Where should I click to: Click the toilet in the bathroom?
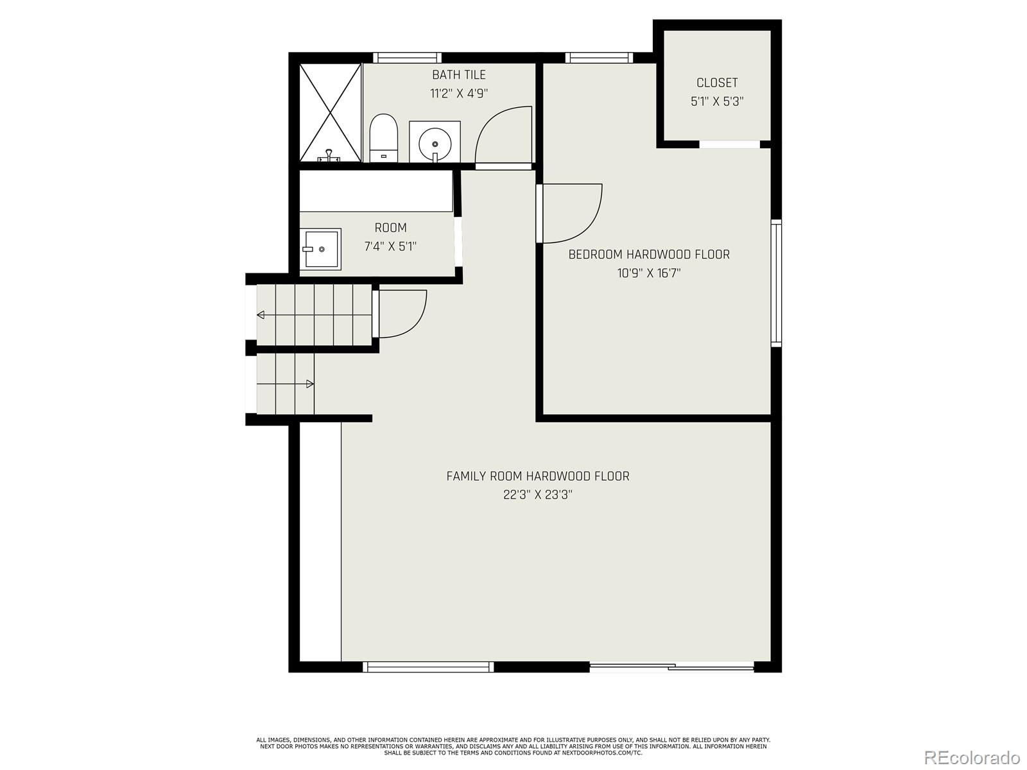(x=384, y=138)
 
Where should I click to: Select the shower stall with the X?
(x=331, y=112)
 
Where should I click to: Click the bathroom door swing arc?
(x=504, y=135)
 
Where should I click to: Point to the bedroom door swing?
(x=571, y=214)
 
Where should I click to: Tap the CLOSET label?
(x=717, y=83)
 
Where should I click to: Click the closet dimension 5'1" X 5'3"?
(x=717, y=101)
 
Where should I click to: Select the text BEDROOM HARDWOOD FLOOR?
(x=649, y=255)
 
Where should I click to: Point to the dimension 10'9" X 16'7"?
(x=649, y=273)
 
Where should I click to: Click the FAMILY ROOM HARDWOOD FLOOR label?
(x=538, y=476)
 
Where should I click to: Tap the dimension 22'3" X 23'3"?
(x=538, y=495)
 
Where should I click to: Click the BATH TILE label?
(x=458, y=75)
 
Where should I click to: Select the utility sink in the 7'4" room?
(x=320, y=249)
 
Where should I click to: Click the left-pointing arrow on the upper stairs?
(x=261, y=314)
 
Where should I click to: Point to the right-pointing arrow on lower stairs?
(x=309, y=384)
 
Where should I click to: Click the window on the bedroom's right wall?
(x=777, y=282)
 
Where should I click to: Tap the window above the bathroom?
(x=407, y=58)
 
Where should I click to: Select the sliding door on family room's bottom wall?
(x=671, y=667)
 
